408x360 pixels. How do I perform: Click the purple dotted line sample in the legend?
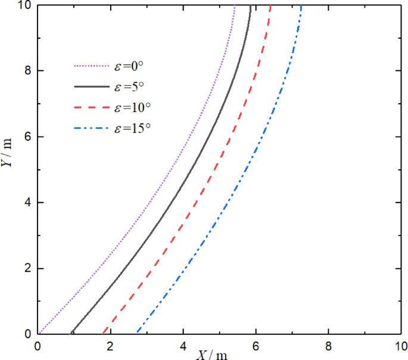(x=89, y=67)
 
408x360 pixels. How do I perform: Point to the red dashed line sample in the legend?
(x=89, y=108)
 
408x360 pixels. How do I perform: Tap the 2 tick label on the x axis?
(x=110, y=345)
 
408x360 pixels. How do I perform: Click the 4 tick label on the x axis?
(x=183, y=345)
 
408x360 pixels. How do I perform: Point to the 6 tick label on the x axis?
(x=256, y=345)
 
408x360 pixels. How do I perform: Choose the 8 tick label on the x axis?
(x=329, y=345)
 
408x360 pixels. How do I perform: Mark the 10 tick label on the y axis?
(x=27, y=5)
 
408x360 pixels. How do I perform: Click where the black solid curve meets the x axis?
(x=71, y=334)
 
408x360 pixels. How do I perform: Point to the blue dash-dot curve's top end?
(x=301, y=6)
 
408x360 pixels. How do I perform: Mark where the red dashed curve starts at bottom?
(x=103, y=333)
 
